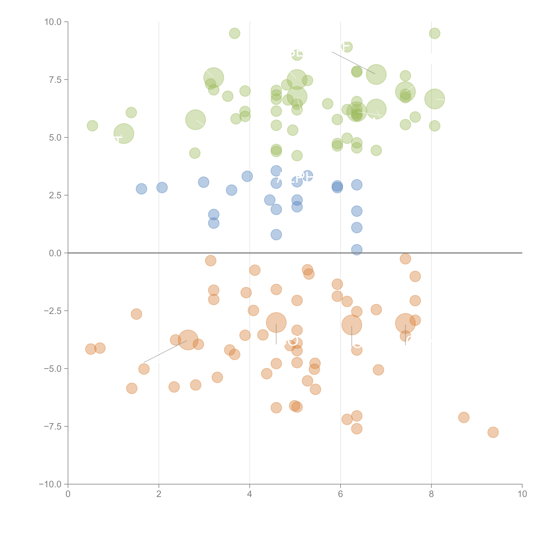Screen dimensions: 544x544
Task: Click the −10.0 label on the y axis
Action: [x=50, y=484]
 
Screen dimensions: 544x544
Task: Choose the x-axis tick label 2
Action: [x=159, y=494]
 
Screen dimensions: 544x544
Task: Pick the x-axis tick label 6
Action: [x=340, y=494]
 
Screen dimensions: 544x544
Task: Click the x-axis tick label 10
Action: [x=522, y=494]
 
